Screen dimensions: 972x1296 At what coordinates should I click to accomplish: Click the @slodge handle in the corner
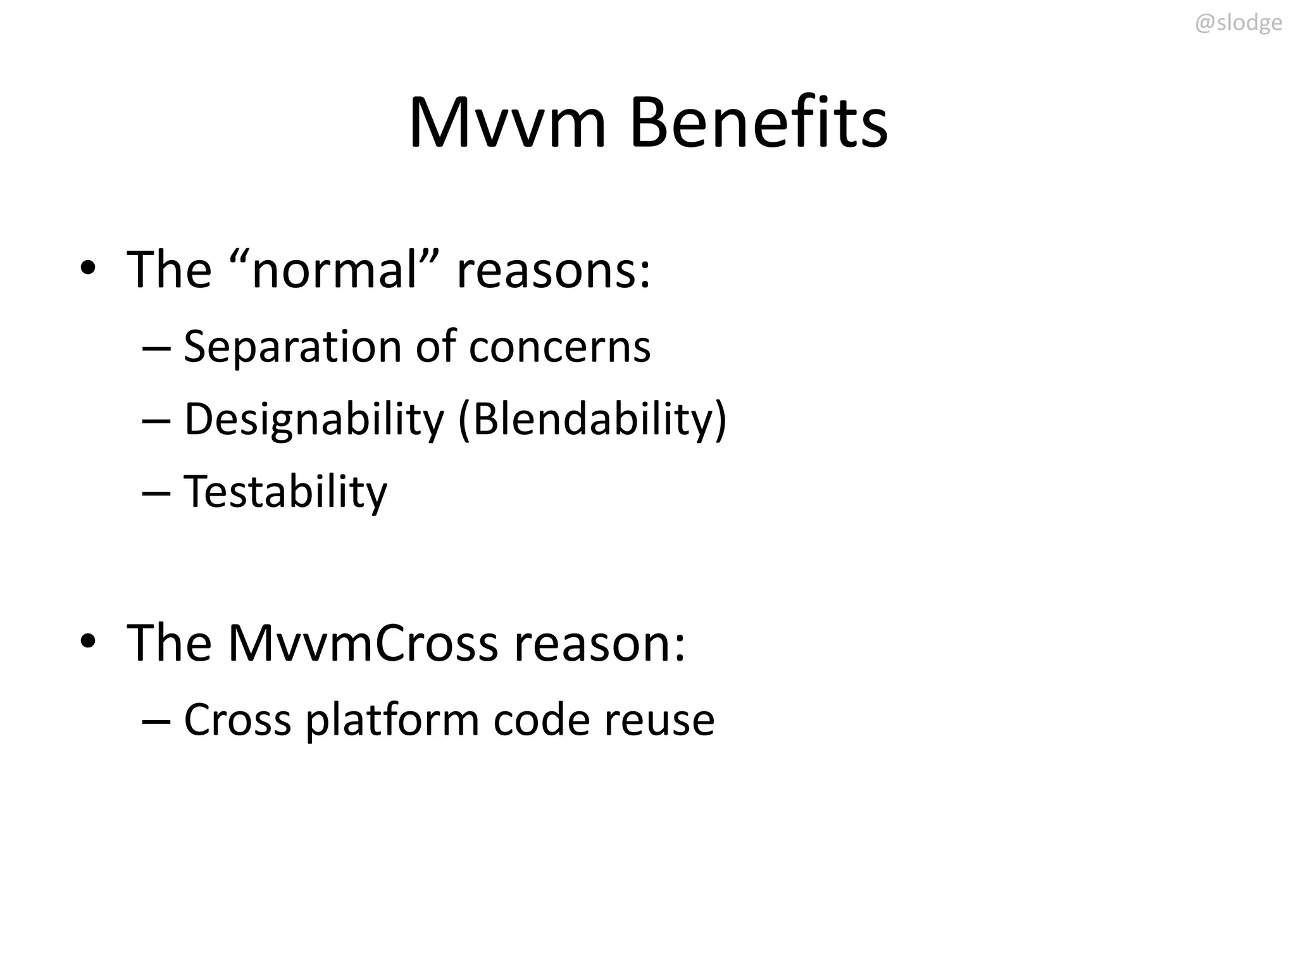pos(1238,23)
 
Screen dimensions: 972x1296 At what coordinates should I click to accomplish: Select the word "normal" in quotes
pos(335,269)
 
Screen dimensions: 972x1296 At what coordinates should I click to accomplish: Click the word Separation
pos(292,347)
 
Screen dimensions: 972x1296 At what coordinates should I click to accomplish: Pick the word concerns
pos(559,347)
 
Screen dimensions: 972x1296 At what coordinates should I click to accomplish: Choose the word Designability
pos(314,420)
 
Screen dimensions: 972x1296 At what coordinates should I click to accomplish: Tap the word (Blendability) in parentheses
pos(592,420)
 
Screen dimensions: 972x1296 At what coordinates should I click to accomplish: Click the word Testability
pos(285,492)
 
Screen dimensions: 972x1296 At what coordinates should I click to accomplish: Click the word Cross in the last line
pos(237,720)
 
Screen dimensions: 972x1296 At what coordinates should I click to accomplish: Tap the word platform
pos(392,720)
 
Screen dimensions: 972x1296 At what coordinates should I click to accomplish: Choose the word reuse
pos(659,720)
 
